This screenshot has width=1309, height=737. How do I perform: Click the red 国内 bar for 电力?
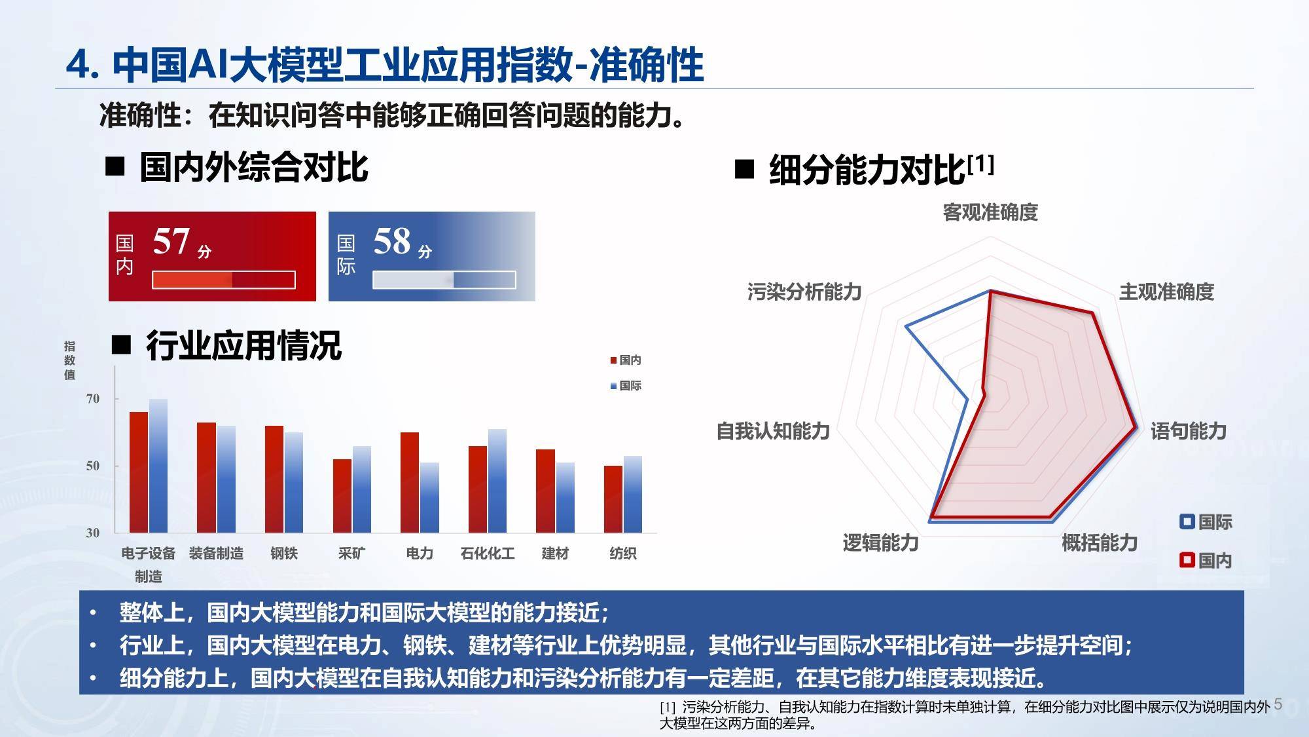[410, 483]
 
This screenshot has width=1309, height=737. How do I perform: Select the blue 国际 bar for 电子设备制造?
[158, 466]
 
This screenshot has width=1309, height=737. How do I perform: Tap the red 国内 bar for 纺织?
[613, 499]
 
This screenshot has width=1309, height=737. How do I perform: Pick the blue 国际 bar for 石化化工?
[497, 481]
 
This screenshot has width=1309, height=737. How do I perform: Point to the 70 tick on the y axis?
[93, 399]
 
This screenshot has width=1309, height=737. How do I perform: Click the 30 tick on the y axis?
[93, 533]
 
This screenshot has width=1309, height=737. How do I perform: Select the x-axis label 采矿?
[351, 554]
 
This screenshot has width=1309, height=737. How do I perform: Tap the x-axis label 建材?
[555, 554]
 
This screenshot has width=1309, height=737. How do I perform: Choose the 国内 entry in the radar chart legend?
[1206, 561]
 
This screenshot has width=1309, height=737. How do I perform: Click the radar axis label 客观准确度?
[990, 212]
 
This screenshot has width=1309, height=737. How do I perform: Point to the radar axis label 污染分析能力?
[804, 292]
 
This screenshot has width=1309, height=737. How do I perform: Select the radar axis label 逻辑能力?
[880, 542]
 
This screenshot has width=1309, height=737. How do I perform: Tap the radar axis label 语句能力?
[1189, 431]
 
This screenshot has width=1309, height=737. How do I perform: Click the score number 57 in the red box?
[171, 241]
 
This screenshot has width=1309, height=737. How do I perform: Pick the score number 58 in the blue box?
[392, 241]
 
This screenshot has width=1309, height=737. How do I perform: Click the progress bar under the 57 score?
[224, 280]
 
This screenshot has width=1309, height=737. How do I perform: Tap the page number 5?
[1278, 705]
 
